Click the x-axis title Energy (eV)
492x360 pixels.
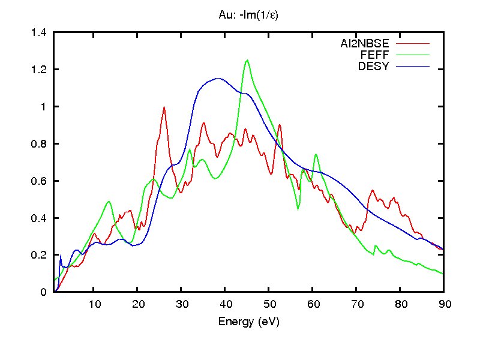[x=249, y=322]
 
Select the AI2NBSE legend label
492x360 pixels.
[x=365, y=43]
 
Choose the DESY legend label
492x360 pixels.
[x=374, y=66]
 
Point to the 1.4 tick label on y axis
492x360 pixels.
[x=39, y=32]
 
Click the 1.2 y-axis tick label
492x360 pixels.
[x=39, y=70]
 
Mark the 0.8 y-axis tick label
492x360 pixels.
[x=39, y=144]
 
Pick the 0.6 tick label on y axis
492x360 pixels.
[x=39, y=181]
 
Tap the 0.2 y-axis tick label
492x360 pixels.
[x=39, y=255]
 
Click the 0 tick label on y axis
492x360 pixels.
[x=44, y=292]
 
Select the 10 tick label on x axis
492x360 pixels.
[x=94, y=304]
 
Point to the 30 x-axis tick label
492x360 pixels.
[x=181, y=304]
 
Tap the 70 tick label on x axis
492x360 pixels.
[x=356, y=304]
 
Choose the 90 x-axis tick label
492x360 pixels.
[x=443, y=304]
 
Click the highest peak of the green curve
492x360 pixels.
[x=247, y=60]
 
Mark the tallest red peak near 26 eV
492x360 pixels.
[x=164, y=107]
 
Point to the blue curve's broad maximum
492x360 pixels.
[x=217, y=78]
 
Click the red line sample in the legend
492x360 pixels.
[x=413, y=43]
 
